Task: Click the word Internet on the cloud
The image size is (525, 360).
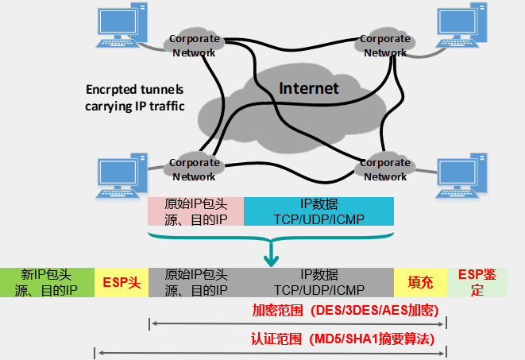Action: (x=308, y=88)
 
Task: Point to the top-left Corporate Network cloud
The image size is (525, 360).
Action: (x=194, y=45)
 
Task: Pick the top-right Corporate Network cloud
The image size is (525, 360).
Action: (x=385, y=45)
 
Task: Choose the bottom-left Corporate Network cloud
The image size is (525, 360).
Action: (x=194, y=169)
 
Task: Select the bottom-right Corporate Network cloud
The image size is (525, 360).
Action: (x=385, y=169)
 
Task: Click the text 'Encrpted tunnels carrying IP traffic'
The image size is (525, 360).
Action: (x=134, y=97)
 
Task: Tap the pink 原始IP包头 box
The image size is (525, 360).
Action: (x=196, y=211)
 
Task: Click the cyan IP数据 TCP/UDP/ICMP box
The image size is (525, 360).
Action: (x=318, y=211)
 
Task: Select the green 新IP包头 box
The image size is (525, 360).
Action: (x=48, y=281)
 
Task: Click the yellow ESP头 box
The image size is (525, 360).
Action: (x=122, y=281)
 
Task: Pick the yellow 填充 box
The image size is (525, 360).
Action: (x=420, y=281)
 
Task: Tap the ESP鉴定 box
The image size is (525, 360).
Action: (x=477, y=281)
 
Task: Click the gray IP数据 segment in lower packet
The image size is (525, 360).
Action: (x=318, y=281)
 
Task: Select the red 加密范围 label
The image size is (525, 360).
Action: (x=346, y=309)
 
